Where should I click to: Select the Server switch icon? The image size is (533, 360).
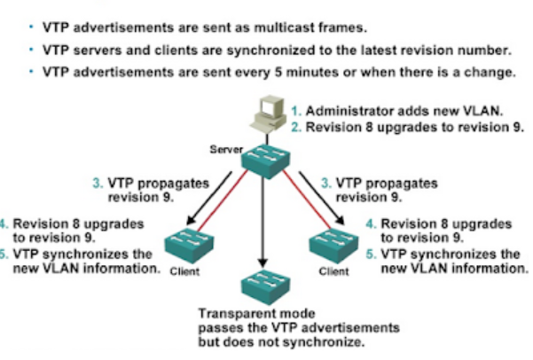(x=262, y=160)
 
